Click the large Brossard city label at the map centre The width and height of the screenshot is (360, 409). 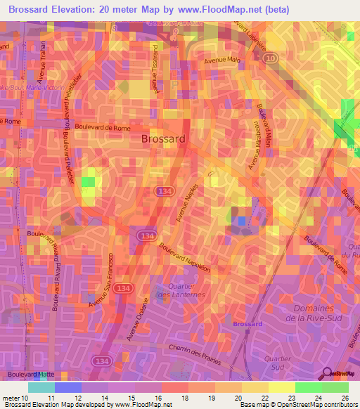163,138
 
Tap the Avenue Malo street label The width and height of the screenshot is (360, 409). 222,60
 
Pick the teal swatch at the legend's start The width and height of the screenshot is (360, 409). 41,387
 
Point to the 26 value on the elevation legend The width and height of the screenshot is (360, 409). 344,398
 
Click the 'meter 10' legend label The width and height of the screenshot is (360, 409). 16,398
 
